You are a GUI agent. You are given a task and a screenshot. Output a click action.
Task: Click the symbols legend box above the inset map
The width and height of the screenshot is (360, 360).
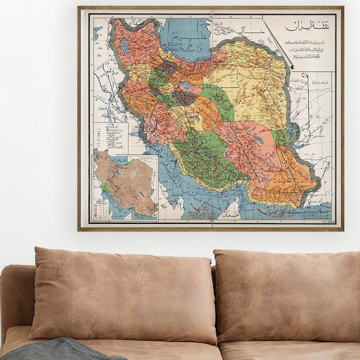point(111,137)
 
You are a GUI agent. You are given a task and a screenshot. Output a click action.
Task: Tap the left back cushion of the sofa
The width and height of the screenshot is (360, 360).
point(122,295)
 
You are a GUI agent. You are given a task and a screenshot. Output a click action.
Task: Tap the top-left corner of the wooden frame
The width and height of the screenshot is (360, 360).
point(79,8)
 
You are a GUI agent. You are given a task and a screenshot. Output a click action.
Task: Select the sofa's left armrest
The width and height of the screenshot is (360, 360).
point(17,302)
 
